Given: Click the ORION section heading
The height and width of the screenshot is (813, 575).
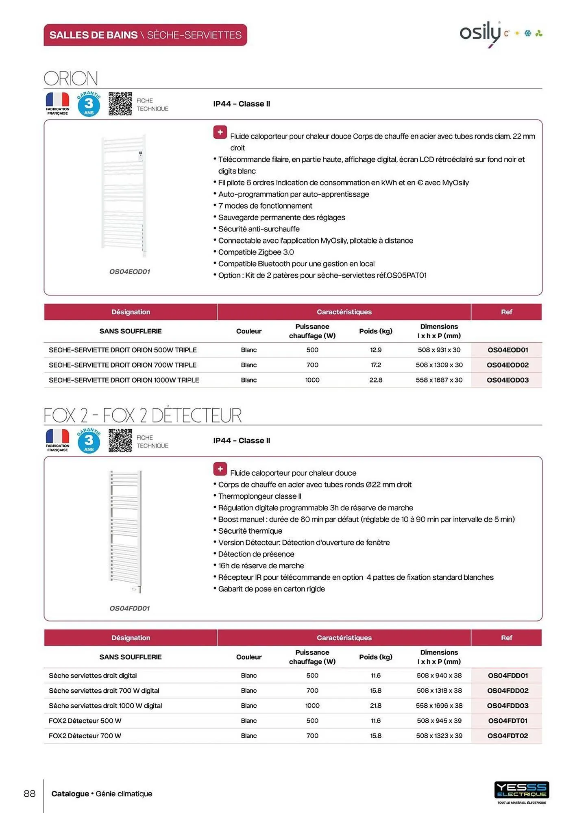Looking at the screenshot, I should point(71,78).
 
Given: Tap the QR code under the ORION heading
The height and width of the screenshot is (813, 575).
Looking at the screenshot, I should point(120,104).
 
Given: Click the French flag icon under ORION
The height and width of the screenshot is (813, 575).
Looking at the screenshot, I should point(57,100).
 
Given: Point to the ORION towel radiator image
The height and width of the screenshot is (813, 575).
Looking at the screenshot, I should point(124,195).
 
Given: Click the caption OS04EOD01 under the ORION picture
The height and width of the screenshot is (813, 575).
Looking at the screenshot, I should point(130,272).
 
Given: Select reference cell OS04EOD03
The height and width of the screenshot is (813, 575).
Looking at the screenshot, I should point(507,380).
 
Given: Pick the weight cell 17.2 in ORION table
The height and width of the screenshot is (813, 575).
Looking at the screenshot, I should point(375,365).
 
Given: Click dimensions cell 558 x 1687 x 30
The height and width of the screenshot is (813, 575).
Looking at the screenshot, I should point(439,380).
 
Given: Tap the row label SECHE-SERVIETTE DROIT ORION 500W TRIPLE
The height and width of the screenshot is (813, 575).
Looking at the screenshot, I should point(122,350).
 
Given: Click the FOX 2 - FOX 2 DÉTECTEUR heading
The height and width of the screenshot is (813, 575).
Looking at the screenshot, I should point(142,415).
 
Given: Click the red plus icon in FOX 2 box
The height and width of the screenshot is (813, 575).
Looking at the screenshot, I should point(220,469).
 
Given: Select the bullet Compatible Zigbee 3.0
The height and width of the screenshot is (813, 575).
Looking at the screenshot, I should point(256,252).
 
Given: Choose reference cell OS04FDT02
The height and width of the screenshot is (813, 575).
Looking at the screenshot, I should point(507,736).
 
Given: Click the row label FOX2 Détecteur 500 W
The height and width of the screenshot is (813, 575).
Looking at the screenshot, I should point(85,721).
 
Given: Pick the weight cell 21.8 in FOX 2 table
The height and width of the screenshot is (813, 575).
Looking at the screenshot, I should point(375,706).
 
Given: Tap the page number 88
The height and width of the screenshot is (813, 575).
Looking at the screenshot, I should point(30,793).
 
